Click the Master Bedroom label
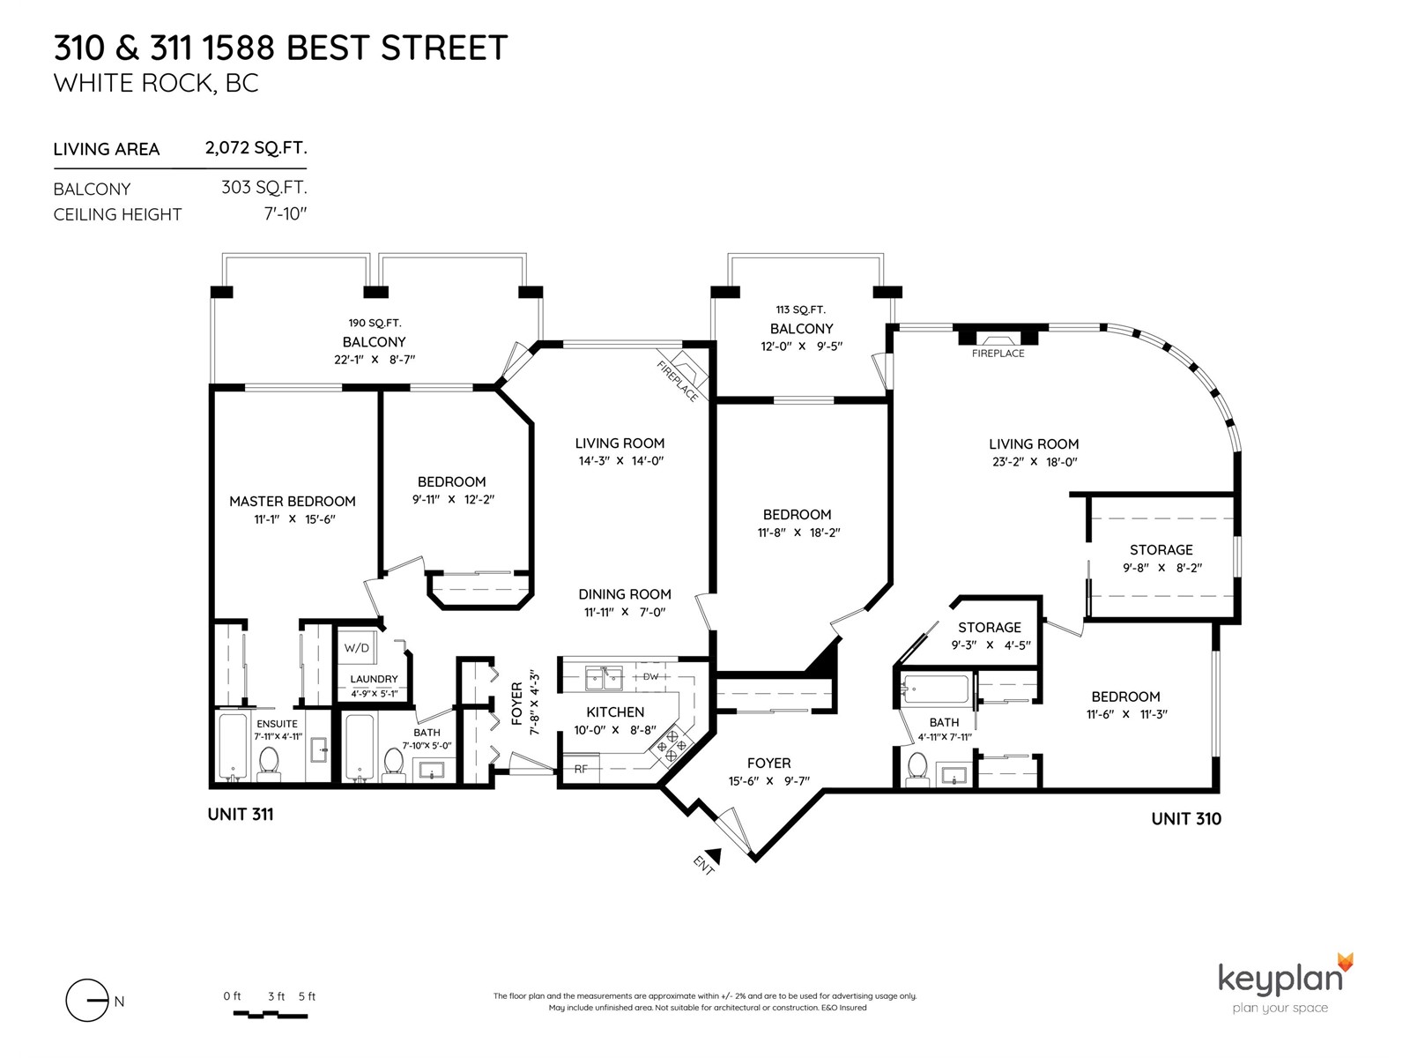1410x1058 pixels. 293,501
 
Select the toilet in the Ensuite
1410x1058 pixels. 268,763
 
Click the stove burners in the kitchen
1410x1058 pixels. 672,744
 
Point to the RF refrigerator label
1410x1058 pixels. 581,769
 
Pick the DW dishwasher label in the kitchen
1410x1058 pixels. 650,676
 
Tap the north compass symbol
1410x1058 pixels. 87,1000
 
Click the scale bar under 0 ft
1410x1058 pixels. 270,1015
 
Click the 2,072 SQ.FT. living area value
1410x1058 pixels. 256,148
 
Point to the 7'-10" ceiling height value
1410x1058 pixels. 286,213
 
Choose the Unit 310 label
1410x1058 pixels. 1186,818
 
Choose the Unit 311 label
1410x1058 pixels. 241,814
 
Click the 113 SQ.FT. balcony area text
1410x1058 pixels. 800,309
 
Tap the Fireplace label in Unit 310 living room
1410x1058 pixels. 998,354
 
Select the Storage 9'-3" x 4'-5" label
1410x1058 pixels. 990,636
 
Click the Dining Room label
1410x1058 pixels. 625,594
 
